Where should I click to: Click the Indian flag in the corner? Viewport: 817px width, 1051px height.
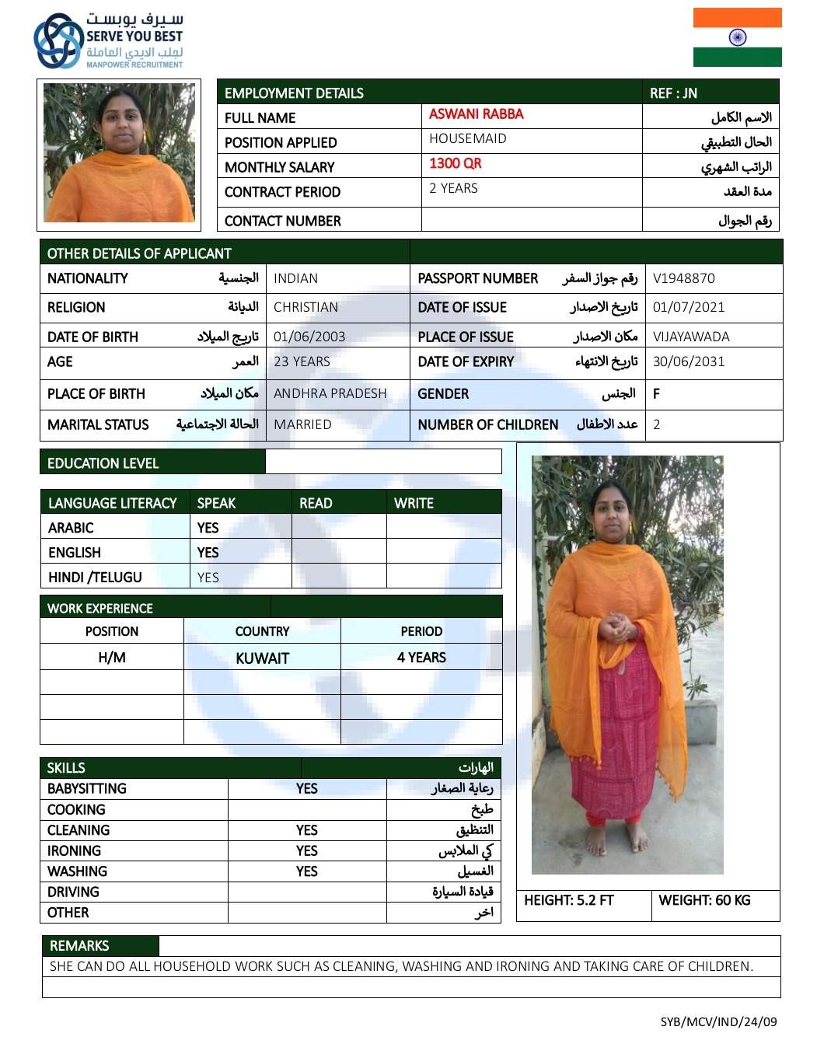coord(737,37)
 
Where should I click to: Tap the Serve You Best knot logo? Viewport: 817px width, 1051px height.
coord(58,40)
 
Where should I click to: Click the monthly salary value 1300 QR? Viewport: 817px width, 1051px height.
coord(455,163)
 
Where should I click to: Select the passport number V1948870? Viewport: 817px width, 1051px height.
coord(683,278)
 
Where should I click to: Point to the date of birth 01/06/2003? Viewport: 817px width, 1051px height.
coord(309,337)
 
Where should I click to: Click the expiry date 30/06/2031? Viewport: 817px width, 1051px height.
coord(688,361)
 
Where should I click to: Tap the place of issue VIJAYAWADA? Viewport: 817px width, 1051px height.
coord(690,337)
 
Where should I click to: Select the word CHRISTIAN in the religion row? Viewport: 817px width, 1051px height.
coord(306,307)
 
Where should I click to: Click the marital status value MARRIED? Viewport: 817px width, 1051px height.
coord(302,424)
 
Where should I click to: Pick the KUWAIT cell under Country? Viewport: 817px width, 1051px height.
coord(262,658)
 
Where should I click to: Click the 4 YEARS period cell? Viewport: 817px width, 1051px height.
coord(421,658)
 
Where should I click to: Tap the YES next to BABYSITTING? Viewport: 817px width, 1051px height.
coord(306,788)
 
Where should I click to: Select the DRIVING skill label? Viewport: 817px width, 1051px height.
coord(73,892)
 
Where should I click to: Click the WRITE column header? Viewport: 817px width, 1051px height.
coord(414,503)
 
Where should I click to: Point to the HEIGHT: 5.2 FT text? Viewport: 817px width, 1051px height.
coord(568,900)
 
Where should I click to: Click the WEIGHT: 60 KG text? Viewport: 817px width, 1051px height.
coord(704,900)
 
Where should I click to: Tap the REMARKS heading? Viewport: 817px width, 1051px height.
coord(79,945)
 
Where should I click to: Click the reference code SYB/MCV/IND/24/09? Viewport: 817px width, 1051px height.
coord(718,1021)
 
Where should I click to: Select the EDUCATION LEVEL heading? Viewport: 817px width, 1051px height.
coord(103,463)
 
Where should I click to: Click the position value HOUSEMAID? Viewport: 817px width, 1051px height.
coord(467,138)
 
